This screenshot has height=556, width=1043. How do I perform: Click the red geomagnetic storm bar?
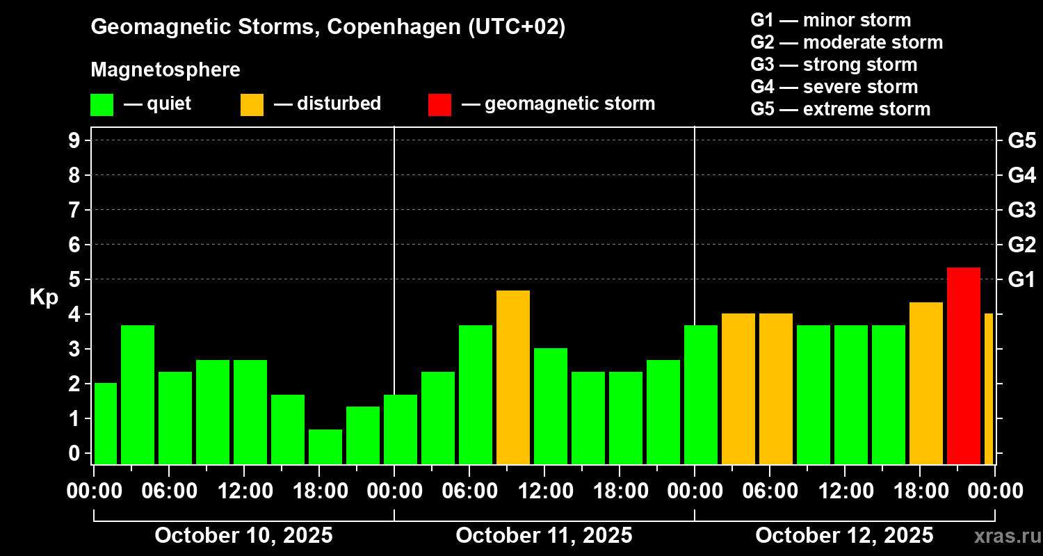point(963,366)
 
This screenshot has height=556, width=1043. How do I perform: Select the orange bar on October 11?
point(512,377)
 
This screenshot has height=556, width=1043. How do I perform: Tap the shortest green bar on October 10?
point(325,446)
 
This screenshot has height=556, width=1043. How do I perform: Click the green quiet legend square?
point(102,104)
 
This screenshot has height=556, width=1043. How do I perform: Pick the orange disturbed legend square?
point(252,104)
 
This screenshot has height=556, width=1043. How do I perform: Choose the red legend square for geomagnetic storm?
point(439,104)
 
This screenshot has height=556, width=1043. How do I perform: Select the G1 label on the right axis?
point(1021,280)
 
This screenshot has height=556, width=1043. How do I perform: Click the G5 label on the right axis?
point(1021,141)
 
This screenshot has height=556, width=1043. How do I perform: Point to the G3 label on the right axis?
point(1021,211)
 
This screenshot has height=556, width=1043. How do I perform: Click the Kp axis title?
point(44,297)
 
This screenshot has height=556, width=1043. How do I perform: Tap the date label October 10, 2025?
point(243,536)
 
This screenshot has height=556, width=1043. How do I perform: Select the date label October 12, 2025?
point(844,536)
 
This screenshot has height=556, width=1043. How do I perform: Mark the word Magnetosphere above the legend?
point(165,70)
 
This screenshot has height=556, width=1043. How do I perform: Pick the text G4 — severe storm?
point(834,87)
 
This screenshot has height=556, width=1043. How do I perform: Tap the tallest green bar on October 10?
point(137,394)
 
